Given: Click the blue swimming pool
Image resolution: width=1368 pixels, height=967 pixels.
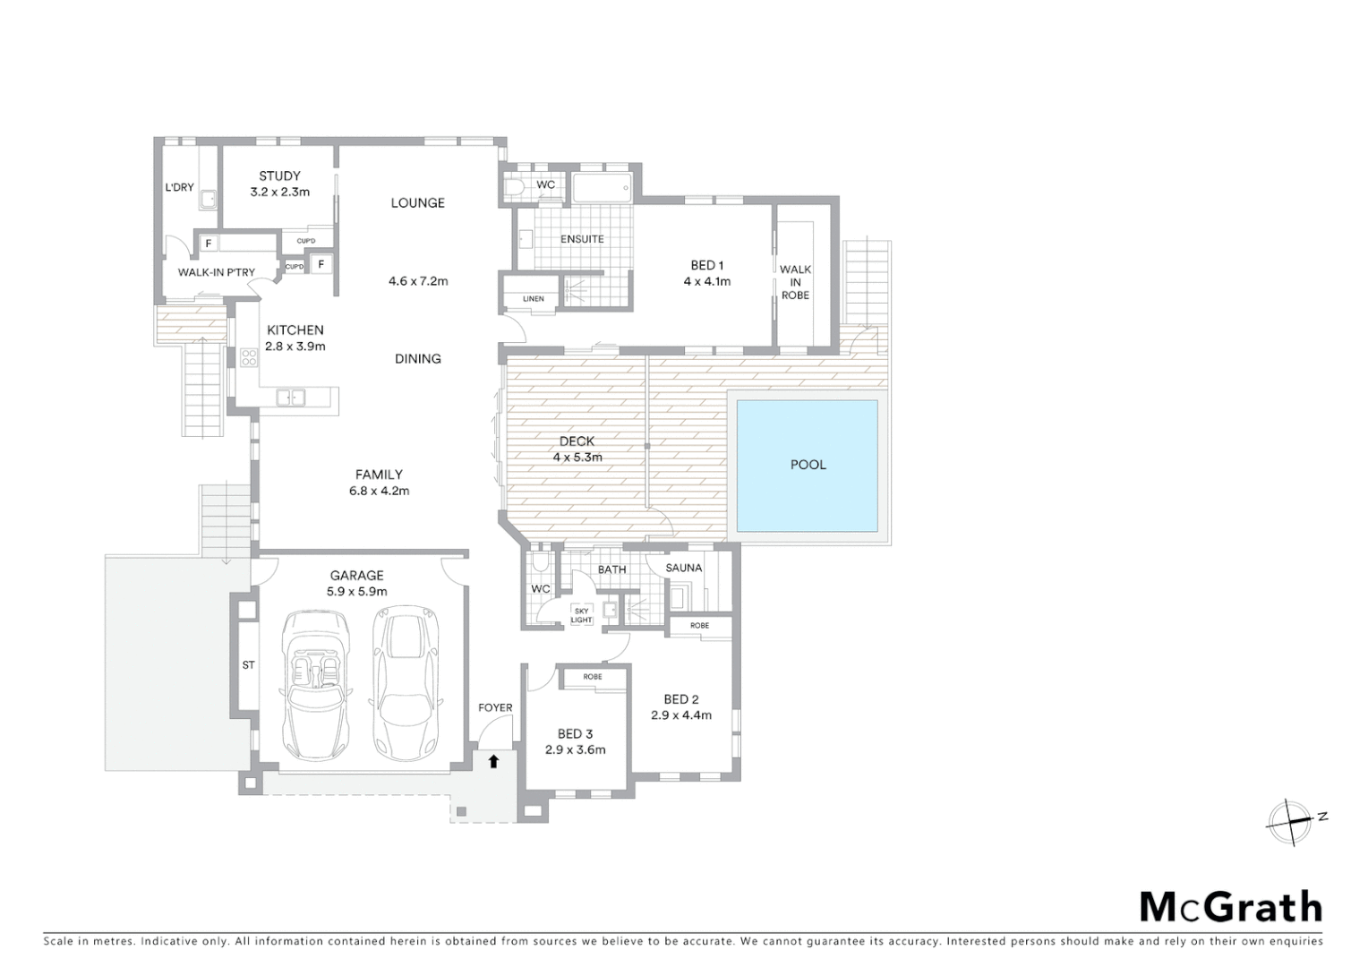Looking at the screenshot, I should (x=807, y=465).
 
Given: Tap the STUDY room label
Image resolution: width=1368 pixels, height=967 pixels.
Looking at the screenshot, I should (x=279, y=176).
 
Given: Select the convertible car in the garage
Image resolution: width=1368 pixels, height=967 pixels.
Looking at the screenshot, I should (x=314, y=685).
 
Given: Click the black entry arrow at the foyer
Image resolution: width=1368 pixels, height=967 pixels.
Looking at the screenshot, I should (x=492, y=761).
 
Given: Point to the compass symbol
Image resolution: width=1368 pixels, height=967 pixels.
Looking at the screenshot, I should (x=1290, y=821).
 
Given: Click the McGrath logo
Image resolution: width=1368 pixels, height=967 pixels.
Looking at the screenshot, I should (x=1230, y=907).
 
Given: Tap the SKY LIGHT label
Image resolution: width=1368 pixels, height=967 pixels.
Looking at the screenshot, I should (x=581, y=615).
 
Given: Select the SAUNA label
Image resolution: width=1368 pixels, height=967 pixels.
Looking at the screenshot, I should (x=684, y=568).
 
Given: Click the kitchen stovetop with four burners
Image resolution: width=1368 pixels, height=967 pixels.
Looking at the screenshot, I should (x=249, y=358).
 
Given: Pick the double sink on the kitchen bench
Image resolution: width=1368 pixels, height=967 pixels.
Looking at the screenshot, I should (x=290, y=397).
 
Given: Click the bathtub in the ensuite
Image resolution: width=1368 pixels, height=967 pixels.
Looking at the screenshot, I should (x=602, y=188).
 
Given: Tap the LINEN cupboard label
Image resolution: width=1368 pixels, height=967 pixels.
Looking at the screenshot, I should (x=534, y=299).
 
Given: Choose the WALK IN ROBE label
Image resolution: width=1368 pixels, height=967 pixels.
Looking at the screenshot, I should (x=795, y=282).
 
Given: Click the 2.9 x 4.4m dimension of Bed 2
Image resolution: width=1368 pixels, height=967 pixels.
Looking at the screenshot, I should (x=680, y=715).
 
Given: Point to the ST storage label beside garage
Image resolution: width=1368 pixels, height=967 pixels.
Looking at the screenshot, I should (x=248, y=665).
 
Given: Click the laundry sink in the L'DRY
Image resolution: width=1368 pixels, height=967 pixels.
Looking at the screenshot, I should (x=208, y=200).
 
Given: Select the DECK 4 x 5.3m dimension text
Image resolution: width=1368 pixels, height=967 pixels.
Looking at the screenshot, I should (x=577, y=457).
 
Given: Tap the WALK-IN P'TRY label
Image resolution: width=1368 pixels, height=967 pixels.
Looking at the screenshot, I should (x=216, y=272).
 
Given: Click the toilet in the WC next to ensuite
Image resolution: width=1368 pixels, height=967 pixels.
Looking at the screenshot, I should (x=514, y=187).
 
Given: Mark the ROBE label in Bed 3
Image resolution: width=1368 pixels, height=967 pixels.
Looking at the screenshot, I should (x=593, y=677).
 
